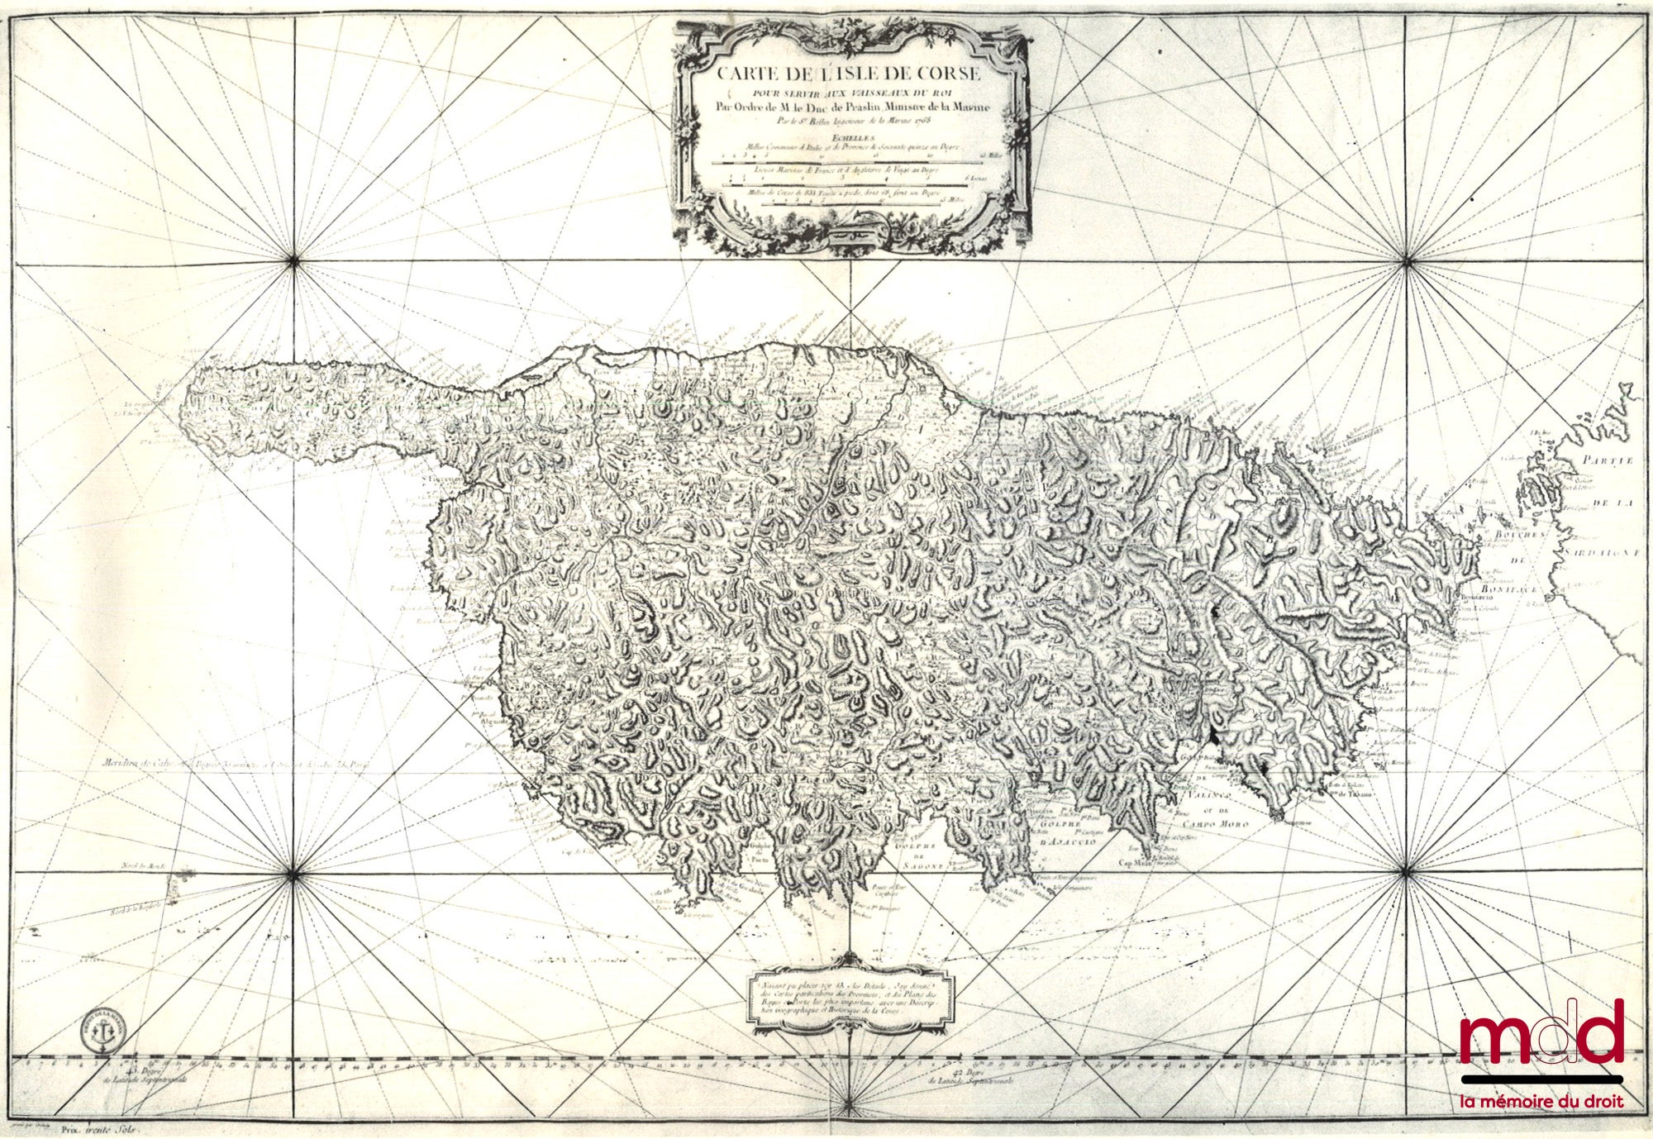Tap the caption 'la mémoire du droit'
(x=1541, y=1101)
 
